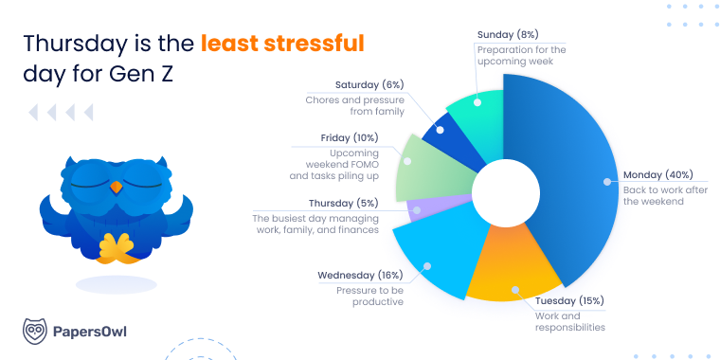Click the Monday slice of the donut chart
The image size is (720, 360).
tap(568, 180)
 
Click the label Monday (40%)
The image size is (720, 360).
tap(657, 175)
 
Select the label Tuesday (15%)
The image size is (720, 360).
tap(568, 301)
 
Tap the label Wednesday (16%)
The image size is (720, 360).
tap(361, 275)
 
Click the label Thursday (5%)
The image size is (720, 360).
tap(344, 203)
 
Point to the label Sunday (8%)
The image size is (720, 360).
tap(506, 34)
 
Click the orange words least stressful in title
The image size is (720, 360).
tap(282, 44)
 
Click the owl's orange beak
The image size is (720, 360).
tap(117, 187)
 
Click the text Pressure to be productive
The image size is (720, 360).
tap(370, 295)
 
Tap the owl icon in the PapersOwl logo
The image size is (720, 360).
tap(35, 331)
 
